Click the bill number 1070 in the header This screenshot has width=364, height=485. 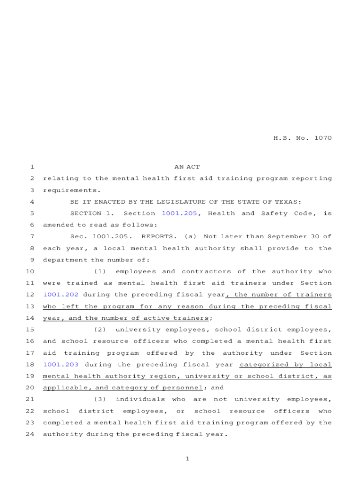tap(322, 138)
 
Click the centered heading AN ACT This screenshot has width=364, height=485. tap(187, 167)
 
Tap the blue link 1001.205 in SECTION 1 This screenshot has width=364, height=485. tap(179, 213)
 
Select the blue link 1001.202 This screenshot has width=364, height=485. tap(61, 295)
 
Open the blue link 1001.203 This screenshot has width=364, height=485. tap(61, 364)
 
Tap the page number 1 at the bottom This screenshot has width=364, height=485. tap(187, 458)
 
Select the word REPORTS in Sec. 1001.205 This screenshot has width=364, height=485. tap(158, 236)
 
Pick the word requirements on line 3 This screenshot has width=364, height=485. tap(71, 190)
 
